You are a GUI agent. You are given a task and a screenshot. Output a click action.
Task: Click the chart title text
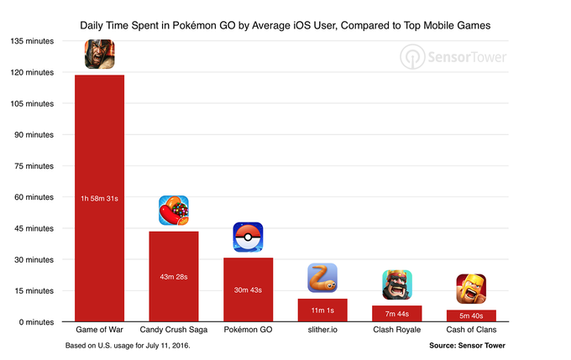click(x=285, y=26)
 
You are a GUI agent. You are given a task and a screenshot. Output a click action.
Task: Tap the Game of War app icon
click(x=99, y=55)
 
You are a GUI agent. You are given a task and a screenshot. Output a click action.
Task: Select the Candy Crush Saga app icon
click(x=174, y=211)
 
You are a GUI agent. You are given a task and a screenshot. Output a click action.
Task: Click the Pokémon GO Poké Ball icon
click(x=248, y=237)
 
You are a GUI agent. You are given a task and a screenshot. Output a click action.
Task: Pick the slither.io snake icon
click(x=322, y=278)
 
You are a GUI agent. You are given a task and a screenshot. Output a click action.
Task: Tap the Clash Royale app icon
click(x=397, y=285)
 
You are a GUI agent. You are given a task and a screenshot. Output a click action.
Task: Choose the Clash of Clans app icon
click(x=471, y=290)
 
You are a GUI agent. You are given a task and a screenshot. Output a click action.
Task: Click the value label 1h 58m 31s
click(x=99, y=198)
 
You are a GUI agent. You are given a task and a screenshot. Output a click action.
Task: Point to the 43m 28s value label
click(x=174, y=276)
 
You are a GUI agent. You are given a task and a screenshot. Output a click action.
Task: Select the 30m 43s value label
click(x=248, y=290)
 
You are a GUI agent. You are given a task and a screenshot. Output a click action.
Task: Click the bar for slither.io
click(x=322, y=310)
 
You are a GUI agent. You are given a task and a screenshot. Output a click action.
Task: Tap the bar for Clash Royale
click(x=397, y=314)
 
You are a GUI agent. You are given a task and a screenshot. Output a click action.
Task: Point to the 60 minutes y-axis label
click(x=33, y=197)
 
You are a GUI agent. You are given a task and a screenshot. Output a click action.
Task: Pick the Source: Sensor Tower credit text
click(x=467, y=346)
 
